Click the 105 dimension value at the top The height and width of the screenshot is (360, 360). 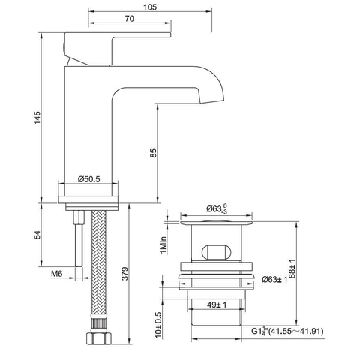150,7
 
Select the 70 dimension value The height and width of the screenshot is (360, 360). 130,19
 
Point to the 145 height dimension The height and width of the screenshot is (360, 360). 37,118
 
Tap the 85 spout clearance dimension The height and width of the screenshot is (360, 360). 154,153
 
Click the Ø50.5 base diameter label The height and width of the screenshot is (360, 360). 88,179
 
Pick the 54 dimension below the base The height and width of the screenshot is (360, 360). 37,235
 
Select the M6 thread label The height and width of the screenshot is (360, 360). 57,274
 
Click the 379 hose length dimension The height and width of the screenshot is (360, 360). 124,274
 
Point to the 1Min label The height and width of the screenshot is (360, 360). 163,244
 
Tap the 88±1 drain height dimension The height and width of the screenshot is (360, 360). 292,268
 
